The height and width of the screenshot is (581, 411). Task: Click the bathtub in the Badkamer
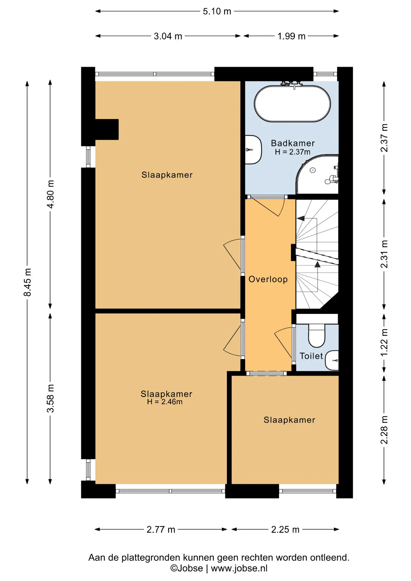click(292, 104)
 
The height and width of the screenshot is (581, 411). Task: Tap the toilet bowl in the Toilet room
click(317, 335)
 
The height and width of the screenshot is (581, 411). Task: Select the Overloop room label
click(268, 279)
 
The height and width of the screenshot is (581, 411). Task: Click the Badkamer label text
click(293, 143)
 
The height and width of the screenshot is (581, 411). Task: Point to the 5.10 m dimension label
click(217, 11)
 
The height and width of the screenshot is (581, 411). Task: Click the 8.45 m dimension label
click(27, 282)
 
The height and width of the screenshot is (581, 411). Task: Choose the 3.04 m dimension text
click(168, 36)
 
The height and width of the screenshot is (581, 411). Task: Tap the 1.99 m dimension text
click(291, 36)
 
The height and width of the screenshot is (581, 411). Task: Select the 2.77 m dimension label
click(161, 529)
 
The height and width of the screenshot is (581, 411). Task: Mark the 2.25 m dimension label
click(285, 529)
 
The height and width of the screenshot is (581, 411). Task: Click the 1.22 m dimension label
click(384, 343)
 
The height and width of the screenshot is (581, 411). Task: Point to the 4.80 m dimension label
click(51, 194)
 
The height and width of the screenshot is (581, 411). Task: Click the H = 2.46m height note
click(165, 402)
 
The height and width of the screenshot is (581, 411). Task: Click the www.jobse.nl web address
click(239, 568)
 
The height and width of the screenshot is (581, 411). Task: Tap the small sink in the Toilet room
click(332, 360)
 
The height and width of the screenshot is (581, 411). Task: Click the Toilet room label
click(311, 356)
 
